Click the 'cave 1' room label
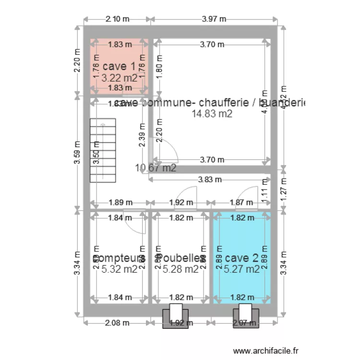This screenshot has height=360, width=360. pyautogui.click(x=119, y=67)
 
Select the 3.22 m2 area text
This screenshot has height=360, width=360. pyautogui.click(x=119, y=77)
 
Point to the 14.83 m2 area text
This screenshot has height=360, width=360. pyautogui.click(x=212, y=114)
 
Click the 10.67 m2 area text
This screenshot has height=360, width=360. pyautogui.click(x=156, y=168)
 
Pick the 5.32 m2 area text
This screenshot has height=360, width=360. pyautogui.click(x=120, y=269)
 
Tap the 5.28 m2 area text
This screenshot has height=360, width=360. pyautogui.click(x=180, y=269)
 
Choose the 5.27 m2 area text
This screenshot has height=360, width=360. pyautogui.click(x=242, y=269)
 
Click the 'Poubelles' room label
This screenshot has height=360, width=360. pyautogui.click(x=180, y=258)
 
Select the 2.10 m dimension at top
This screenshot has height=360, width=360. pyautogui.click(x=118, y=19)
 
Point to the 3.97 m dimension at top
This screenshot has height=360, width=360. pyautogui.click(x=214, y=19)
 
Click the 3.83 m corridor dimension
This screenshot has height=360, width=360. pyautogui.click(x=209, y=180)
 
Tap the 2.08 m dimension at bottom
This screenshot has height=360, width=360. pyautogui.click(x=118, y=323)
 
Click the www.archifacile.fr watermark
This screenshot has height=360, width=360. pyautogui.click(x=265, y=351)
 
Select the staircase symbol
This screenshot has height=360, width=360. pyautogui.click(x=103, y=151)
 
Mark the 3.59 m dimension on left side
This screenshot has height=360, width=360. pyautogui.click(x=77, y=152)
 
